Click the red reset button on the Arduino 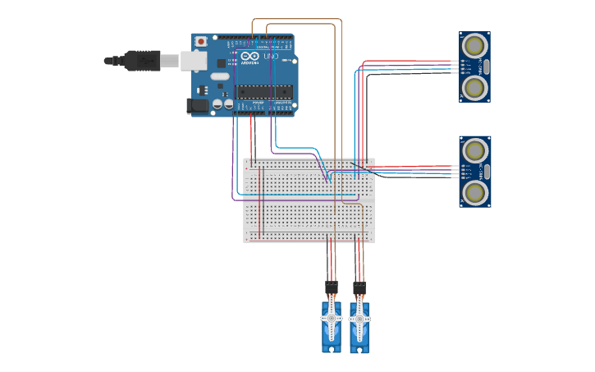[x=201, y=41]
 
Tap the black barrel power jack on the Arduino [x=198, y=105]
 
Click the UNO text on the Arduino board [x=270, y=57]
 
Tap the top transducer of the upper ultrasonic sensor [x=474, y=45]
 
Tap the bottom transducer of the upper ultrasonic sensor [x=474, y=87]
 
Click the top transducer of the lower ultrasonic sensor [x=474, y=150]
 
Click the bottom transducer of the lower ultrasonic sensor [x=474, y=192]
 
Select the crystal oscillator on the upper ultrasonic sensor [x=486, y=67]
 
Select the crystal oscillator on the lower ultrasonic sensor [x=486, y=171]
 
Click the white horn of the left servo [x=331, y=319]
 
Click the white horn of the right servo [x=359, y=319]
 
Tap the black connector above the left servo [x=331, y=288]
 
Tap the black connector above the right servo [x=359, y=288]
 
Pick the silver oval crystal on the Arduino [x=219, y=76]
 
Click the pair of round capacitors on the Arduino [x=222, y=104]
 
